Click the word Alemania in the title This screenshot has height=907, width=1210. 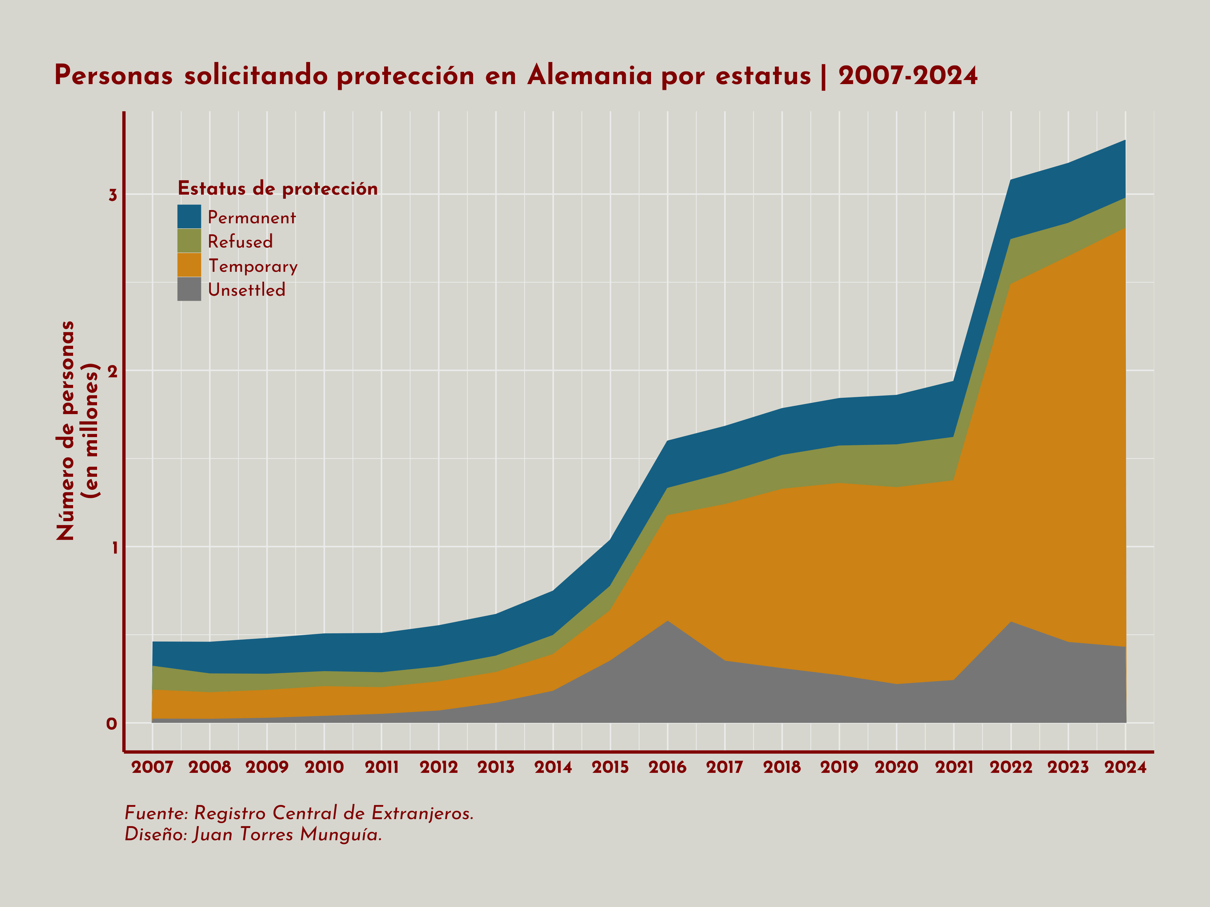coord(590,76)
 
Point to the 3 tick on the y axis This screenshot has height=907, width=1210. coord(113,195)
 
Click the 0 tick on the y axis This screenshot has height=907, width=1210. coord(112,724)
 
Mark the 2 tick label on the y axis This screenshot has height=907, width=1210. coord(113,371)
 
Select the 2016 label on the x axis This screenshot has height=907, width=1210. coord(667,767)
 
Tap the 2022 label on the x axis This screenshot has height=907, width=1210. coord(1011,767)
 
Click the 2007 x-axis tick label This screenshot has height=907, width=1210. coord(152,767)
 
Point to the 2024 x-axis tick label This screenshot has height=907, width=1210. coord(1125,767)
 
